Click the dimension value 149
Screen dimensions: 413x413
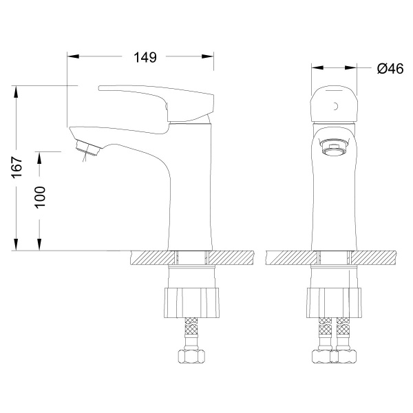(145, 57)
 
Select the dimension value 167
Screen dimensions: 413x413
(17, 167)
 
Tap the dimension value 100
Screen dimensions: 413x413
(40, 198)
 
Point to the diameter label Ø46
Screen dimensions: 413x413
(390, 69)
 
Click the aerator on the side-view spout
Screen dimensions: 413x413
(87, 148)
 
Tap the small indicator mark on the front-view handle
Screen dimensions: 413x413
(336, 106)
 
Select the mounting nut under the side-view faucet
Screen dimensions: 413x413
(191, 303)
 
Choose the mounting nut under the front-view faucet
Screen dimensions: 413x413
(334, 303)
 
